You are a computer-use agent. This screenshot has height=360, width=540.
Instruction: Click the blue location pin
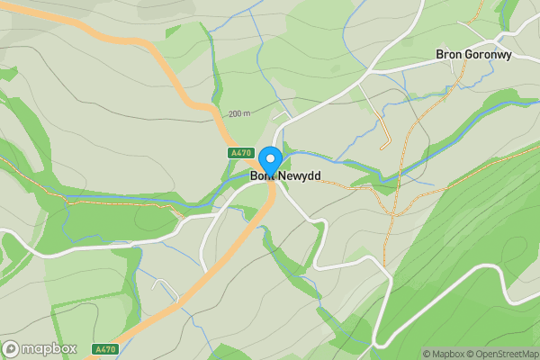pyautogui.click(x=268, y=159)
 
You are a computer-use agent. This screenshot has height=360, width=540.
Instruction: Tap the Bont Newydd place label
pyautogui.click(x=285, y=175)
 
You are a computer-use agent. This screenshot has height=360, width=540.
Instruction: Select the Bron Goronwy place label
pyautogui.click(x=473, y=54)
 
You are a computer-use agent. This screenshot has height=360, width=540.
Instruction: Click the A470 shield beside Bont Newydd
pyautogui.click(x=239, y=154)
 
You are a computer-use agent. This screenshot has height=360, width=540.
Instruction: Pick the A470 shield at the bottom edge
pyautogui.click(x=104, y=348)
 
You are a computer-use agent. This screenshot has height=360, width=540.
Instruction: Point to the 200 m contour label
pyautogui.click(x=239, y=114)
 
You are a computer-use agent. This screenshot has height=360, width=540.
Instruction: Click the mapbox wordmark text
pyautogui.click(x=50, y=348)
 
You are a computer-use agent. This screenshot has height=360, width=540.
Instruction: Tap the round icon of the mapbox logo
pyautogui.click(x=12, y=348)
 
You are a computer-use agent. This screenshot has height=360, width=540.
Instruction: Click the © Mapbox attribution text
pyautogui.click(x=442, y=354)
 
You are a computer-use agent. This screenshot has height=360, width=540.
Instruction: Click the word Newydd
pyautogui.click(x=299, y=175)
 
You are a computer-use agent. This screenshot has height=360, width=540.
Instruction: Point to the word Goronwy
pyautogui.click(x=490, y=54)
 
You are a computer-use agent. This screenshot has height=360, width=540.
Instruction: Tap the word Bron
pyautogui.click(x=449, y=54)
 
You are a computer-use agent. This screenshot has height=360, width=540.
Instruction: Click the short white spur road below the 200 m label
pyautogui.click(x=282, y=118)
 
